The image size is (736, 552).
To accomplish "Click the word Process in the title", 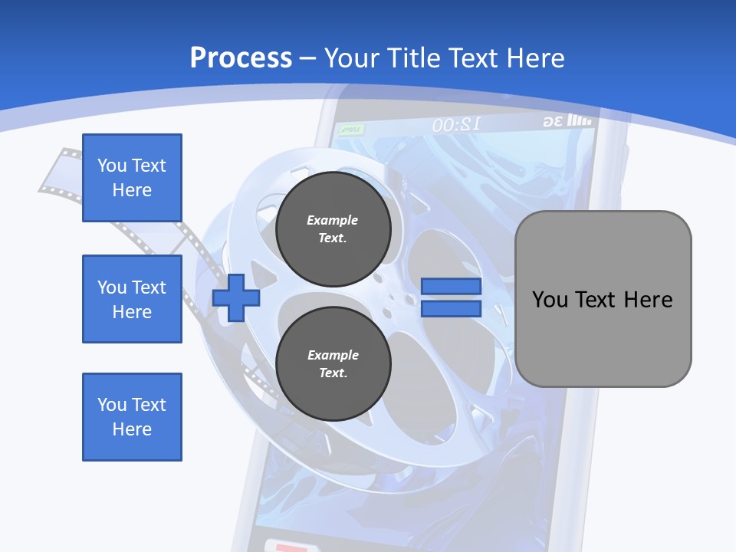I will click(241, 58).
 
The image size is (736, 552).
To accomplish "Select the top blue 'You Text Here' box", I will click(132, 178).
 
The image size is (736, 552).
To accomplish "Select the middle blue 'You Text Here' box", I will click(132, 299).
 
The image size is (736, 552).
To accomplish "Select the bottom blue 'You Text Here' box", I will click(132, 417).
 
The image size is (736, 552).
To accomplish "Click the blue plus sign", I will click(236, 297).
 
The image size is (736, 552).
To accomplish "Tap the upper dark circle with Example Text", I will click(333, 229).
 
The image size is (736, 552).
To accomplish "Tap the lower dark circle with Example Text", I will click(333, 363).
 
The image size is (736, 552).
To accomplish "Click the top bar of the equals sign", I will click(451, 287).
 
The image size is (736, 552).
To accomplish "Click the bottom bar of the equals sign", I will click(451, 308).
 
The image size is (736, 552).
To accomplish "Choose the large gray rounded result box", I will click(603, 299).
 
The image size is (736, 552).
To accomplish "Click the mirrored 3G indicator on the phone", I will click(553, 121).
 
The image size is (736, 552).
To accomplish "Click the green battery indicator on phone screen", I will click(351, 130).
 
